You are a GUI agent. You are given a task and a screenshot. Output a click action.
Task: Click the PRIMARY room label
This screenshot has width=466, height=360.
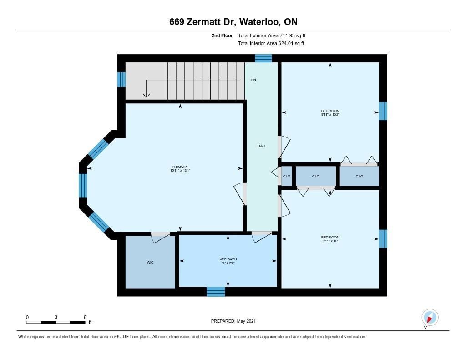click(x=180, y=167)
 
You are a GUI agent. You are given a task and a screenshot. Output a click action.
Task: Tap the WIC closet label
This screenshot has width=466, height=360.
click(x=150, y=262)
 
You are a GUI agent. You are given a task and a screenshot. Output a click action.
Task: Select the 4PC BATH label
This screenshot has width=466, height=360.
click(x=228, y=259)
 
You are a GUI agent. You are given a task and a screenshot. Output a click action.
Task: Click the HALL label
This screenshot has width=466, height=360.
click(x=262, y=146)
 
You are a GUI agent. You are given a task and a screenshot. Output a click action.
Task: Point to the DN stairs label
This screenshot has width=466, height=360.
click(x=253, y=80)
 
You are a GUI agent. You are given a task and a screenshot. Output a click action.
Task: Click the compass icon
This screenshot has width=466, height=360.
click(x=430, y=318)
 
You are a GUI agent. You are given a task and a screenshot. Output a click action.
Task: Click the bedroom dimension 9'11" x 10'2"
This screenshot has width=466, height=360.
click(x=330, y=114)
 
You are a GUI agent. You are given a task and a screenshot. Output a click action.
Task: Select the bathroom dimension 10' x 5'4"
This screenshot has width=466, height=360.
click(x=228, y=263)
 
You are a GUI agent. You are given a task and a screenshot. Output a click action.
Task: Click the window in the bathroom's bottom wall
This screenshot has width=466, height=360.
click(x=216, y=292)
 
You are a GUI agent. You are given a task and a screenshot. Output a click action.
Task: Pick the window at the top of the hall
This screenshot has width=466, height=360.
click(x=263, y=58)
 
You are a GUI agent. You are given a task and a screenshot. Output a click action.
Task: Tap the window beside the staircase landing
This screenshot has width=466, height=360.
click(x=121, y=79)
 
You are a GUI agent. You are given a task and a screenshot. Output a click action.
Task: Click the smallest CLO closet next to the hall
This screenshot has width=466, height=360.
click(x=287, y=176)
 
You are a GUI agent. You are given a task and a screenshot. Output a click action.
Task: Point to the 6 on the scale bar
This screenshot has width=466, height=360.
click(x=85, y=317)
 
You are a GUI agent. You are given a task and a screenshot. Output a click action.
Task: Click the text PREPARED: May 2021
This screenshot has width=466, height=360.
click(x=233, y=321)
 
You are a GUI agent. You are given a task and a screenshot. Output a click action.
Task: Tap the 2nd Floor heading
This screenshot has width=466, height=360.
click(x=222, y=35)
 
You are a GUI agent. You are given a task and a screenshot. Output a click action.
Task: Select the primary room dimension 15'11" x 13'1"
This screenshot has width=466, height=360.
click(x=180, y=171)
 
